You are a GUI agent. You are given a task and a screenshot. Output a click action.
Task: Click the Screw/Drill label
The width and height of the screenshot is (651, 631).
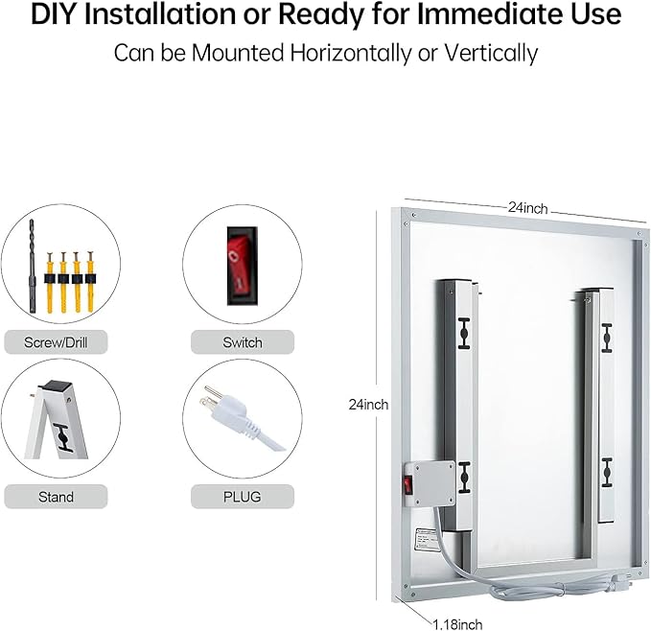coord(56,342)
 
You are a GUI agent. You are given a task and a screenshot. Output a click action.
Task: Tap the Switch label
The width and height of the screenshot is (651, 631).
coord(243,342)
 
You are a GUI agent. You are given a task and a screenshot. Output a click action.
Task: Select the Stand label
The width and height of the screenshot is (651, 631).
coord(56,497)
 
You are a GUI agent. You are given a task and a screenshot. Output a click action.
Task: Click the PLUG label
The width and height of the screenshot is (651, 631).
coord(243,497)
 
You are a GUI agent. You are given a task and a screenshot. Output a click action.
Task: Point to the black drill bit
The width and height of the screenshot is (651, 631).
coord(32,267)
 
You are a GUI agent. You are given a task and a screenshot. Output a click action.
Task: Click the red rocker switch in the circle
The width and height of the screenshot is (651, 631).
coord(242,266)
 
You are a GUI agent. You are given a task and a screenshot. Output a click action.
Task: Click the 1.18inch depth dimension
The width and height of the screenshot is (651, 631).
coord(457,624)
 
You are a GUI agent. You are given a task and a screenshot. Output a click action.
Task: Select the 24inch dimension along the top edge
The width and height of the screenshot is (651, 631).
coord(527,208)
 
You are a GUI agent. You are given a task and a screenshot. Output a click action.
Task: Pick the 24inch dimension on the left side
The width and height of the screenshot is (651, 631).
coord(369,405)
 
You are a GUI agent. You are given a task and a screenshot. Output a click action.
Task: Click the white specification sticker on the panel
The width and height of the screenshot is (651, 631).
coord(427,539)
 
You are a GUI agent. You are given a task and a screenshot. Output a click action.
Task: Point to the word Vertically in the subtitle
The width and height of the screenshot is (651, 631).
coord(491,53)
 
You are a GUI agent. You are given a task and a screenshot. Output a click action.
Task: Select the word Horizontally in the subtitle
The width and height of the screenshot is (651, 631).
coord(350,53)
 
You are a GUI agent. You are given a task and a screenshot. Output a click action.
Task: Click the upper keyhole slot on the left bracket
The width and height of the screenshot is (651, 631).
coord(464,334)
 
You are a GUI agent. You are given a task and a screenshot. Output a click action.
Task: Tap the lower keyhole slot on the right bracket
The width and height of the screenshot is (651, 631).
coord(607,473)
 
